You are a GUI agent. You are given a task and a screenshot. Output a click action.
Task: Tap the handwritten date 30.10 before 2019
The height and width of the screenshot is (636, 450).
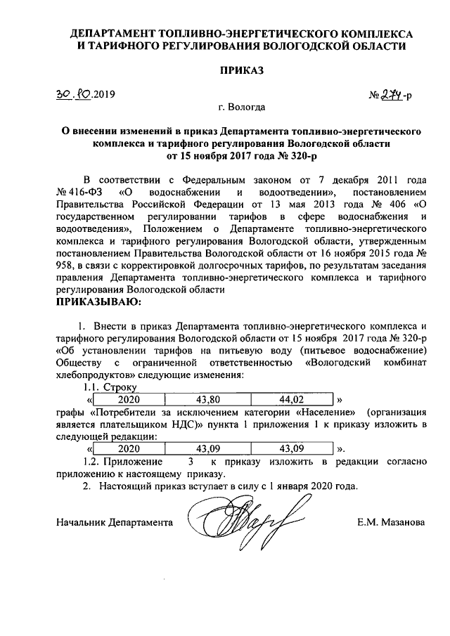pyautogui.click(x=74, y=93)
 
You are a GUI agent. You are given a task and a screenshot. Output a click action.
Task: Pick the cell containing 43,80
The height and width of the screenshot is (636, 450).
pyautogui.click(x=210, y=399)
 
